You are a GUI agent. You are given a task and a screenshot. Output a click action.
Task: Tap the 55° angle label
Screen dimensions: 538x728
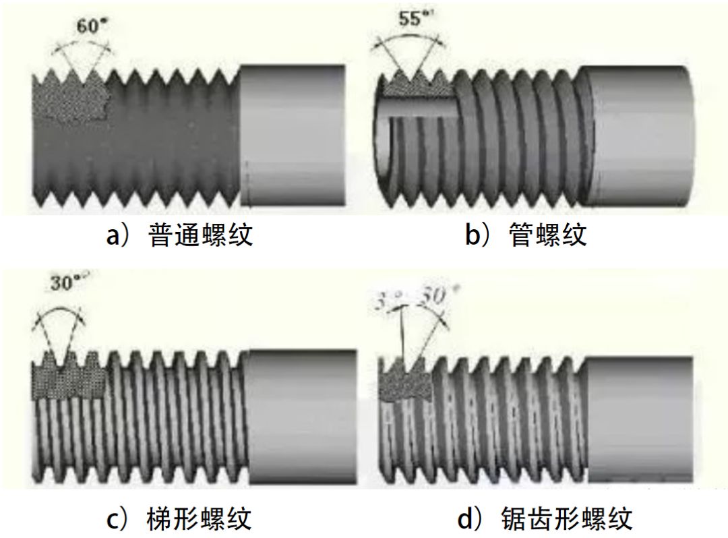coord(412,20)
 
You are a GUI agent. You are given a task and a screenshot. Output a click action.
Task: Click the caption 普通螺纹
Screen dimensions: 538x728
coord(200,235)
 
